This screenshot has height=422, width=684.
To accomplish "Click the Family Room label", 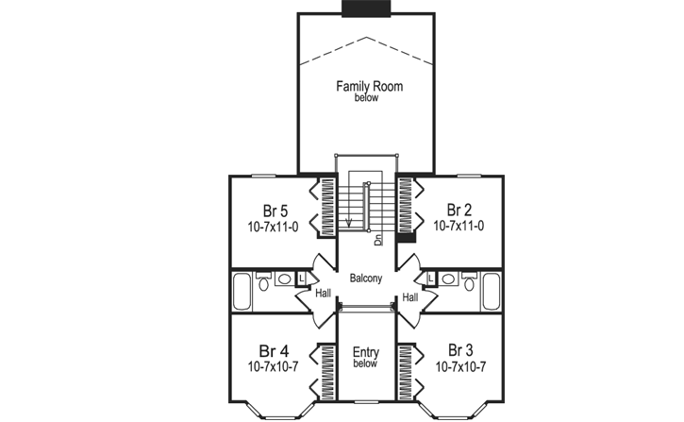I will (369, 87).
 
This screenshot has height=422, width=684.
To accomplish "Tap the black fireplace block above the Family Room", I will (367, 8).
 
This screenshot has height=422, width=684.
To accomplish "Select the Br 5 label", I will (275, 211).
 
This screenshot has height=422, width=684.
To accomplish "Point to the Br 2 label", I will (459, 210).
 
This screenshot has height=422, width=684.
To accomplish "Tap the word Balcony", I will (366, 279).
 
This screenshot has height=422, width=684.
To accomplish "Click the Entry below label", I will (366, 357).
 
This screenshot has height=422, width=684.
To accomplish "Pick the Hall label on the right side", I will (410, 297).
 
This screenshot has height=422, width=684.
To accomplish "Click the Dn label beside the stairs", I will (378, 239).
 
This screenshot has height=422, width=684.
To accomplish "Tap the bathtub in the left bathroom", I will (242, 292).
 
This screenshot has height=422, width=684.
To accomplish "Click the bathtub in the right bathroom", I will (490, 292).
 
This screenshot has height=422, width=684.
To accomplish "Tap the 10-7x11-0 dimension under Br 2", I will (459, 227).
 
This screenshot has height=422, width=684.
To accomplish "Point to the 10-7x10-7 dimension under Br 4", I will (275, 365).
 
